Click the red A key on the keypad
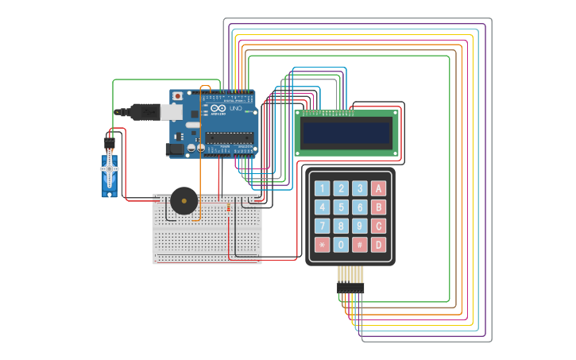click(379, 188)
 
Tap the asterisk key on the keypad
click(322, 245)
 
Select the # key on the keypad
click(360, 245)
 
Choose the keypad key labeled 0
click(341, 245)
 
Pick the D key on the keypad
click(379, 245)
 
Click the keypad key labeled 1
click(322, 188)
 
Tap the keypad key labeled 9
click(360, 226)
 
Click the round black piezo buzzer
click(183, 201)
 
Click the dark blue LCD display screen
click(346, 133)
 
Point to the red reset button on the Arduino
click(177, 96)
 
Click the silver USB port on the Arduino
click(172, 112)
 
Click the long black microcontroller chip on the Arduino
click(230, 137)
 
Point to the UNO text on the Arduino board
click(234, 109)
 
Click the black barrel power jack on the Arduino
click(175, 149)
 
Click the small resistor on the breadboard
click(228, 209)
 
